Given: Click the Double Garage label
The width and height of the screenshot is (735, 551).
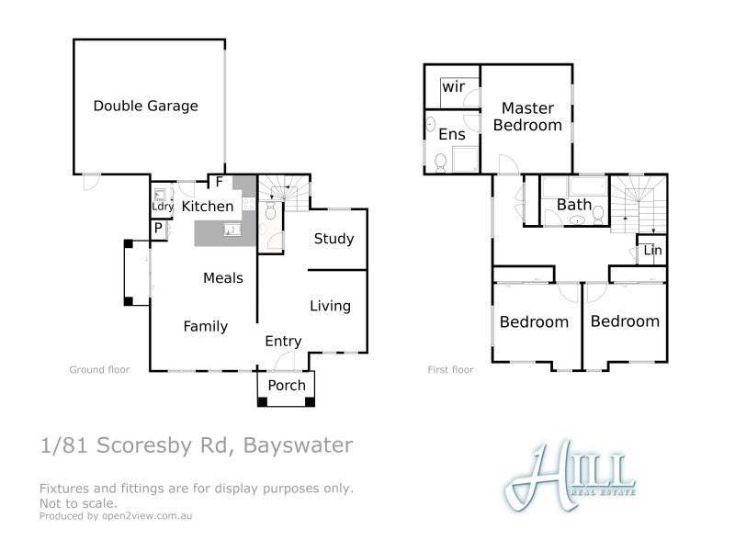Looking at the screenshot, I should [x=145, y=106].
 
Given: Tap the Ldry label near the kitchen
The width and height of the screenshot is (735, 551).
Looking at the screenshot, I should [x=163, y=208].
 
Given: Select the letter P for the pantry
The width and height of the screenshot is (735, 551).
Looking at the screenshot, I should [x=159, y=228].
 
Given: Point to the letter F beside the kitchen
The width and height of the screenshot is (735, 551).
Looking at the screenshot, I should [x=220, y=182].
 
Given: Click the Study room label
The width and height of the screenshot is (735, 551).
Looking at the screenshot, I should [x=334, y=239].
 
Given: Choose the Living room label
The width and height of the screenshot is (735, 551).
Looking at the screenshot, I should [x=330, y=306].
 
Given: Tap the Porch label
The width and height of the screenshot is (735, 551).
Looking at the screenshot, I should [x=287, y=386].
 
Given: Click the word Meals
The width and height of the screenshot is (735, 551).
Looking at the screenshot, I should [x=223, y=277].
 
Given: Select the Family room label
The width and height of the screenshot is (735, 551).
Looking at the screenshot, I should [x=205, y=326].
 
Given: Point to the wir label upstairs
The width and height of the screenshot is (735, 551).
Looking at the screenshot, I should [x=454, y=87].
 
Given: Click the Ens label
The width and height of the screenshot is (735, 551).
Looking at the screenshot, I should [x=452, y=134].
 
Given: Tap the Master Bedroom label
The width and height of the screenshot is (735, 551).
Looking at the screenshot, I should [x=527, y=117].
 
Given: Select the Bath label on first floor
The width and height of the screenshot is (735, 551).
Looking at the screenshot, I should [x=574, y=205].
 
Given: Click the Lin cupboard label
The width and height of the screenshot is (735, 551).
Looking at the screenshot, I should [x=653, y=250].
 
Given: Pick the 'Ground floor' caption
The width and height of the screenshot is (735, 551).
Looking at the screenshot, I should [x=99, y=370].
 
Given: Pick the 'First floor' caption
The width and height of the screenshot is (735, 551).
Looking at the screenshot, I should [x=450, y=370].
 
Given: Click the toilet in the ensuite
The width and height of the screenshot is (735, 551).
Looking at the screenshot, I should [x=440, y=163].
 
